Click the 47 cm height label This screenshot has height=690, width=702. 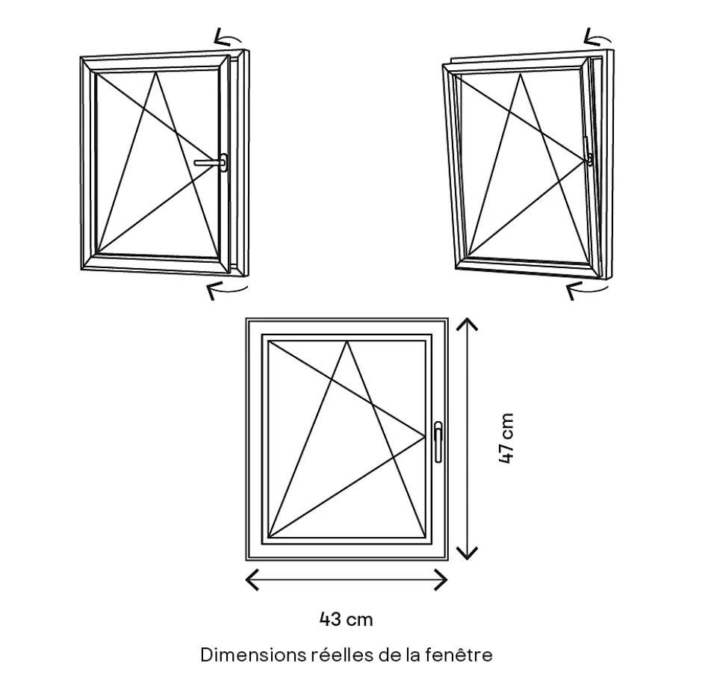507,438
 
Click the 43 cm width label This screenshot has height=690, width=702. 346,619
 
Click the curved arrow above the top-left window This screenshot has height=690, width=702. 228,37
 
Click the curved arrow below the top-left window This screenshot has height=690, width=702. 226,289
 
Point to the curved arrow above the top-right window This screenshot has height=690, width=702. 597,37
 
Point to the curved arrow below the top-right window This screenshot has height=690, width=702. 587,289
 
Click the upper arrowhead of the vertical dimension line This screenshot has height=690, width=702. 467,323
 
